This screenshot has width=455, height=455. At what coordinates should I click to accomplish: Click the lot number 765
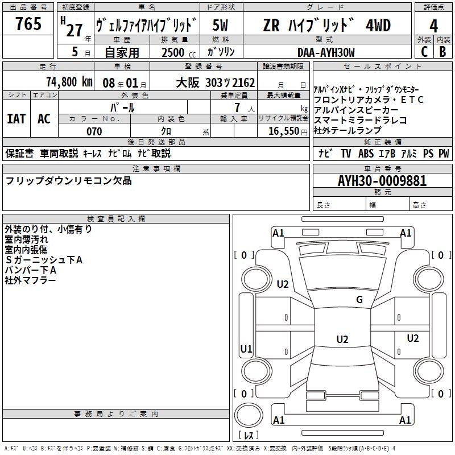28,24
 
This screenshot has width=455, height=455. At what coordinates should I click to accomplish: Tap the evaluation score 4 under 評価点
434,26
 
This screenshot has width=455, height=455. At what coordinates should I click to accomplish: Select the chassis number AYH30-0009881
382,181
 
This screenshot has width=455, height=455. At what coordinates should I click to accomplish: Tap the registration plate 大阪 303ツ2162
216,82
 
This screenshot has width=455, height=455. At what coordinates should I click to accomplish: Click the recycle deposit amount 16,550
283,131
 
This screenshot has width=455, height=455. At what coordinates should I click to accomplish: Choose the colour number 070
94,131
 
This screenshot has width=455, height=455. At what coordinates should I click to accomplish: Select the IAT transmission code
16,119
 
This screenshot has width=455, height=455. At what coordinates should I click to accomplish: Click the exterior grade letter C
424,52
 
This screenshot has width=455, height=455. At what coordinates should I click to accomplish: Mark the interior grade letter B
442,52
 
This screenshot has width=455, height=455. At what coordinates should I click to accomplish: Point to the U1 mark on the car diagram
246,349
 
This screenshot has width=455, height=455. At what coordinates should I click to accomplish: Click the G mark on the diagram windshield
359,300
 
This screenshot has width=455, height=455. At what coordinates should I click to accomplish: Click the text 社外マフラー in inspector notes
31,280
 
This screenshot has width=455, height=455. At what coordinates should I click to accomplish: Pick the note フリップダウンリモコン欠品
68,181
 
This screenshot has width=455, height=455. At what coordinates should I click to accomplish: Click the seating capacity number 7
236,107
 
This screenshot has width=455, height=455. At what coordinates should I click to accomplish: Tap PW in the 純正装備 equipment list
444,154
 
